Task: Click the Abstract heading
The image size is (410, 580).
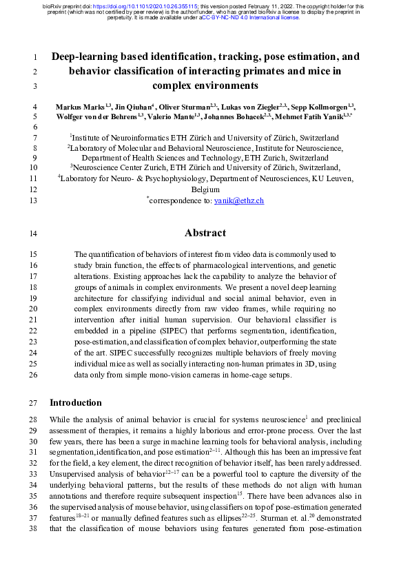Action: (x=205, y=233)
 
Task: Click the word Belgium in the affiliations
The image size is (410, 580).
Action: (x=205, y=189)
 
